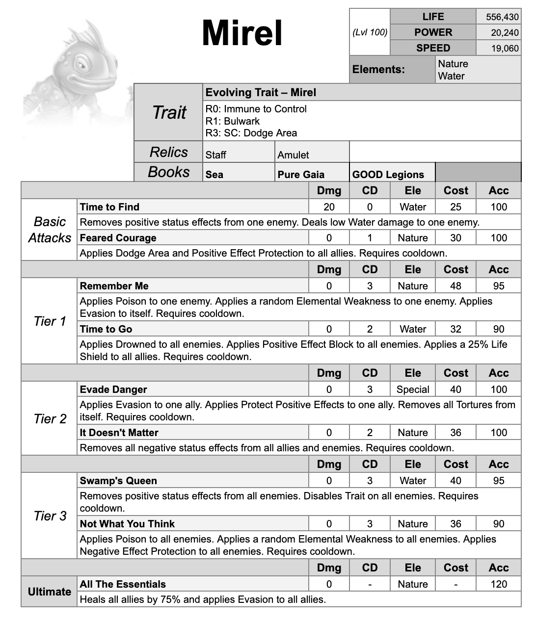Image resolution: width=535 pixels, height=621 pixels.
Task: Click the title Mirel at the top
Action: (242, 33)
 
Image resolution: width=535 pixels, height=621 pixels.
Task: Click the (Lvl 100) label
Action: (370, 32)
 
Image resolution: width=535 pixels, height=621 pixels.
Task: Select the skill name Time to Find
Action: (109, 207)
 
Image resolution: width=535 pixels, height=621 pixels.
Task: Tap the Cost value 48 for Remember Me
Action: (455, 286)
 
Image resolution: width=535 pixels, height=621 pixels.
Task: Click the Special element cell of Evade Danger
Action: (413, 389)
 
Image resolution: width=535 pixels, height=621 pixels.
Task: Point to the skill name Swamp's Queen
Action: (118, 481)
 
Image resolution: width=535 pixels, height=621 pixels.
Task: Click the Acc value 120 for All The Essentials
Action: (499, 584)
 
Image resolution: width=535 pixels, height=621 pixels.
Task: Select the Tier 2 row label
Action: (50, 419)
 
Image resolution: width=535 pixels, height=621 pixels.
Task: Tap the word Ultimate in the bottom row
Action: (49, 592)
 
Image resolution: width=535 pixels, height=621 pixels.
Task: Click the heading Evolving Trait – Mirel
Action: (261, 93)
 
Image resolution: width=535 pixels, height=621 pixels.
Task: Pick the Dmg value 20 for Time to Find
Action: (329, 207)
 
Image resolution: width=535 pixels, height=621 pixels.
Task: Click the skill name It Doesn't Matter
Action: (119, 433)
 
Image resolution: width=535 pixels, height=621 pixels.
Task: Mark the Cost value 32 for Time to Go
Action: (455, 329)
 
